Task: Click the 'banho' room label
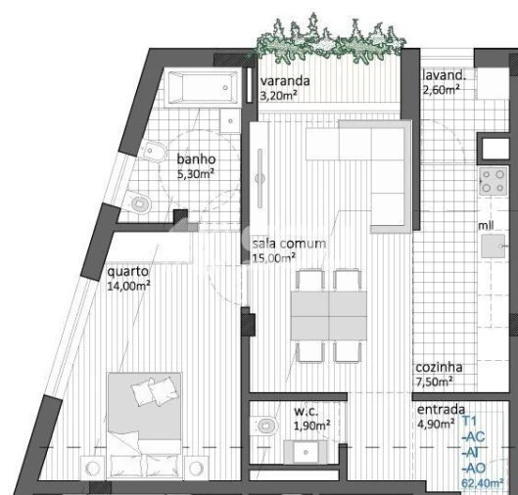coord(196,160)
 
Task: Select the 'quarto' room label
coord(127,272)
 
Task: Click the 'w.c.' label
coord(306,411)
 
